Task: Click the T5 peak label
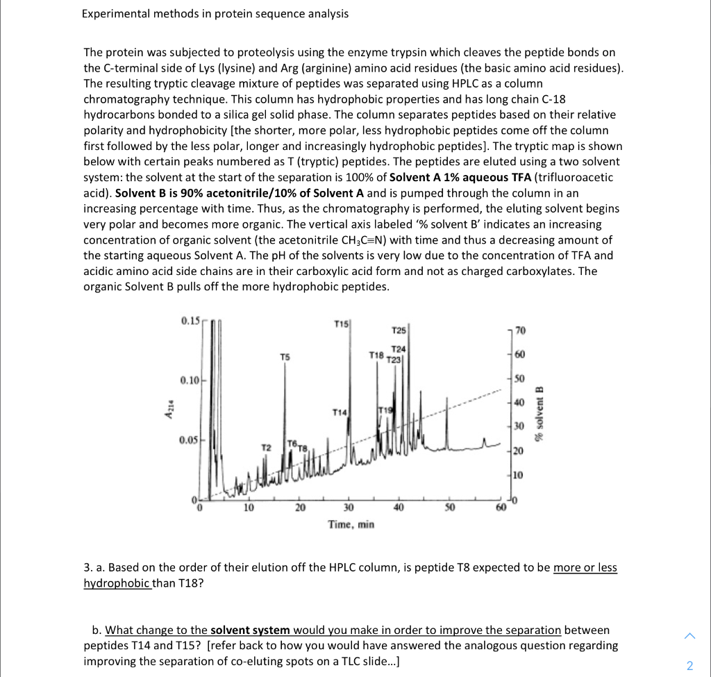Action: coord(284,357)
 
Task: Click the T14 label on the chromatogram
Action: coord(340,412)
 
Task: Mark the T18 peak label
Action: coord(376,355)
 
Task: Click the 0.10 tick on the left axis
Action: coord(190,381)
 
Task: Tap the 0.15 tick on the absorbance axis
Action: coord(190,320)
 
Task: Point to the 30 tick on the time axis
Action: coord(349,508)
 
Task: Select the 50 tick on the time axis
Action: coord(449,508)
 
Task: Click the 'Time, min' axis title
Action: coord(351,524)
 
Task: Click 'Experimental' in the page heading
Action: coord(115,13)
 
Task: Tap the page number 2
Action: coord(689,666)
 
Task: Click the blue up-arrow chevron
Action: coord(689,635)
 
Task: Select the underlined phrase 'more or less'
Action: coord(585,567)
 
